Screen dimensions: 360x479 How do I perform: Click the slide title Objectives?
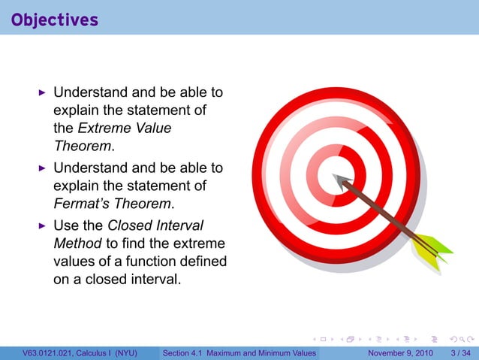(x=55, y=19)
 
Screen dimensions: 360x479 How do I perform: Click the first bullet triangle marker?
(x=43, y=93)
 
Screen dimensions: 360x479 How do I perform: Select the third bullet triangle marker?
(x=43, y=225)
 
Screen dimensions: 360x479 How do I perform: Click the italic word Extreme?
(x=102, y=129)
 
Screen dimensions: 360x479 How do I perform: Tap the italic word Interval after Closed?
(x=181, y=225)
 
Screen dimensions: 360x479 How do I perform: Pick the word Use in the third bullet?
(x=66, y=225)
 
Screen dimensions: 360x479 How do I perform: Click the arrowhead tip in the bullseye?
(x=336, y=178)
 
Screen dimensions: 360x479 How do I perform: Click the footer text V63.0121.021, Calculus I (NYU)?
(x=80, y=352)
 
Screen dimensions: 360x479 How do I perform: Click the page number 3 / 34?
(x=459, y=352)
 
